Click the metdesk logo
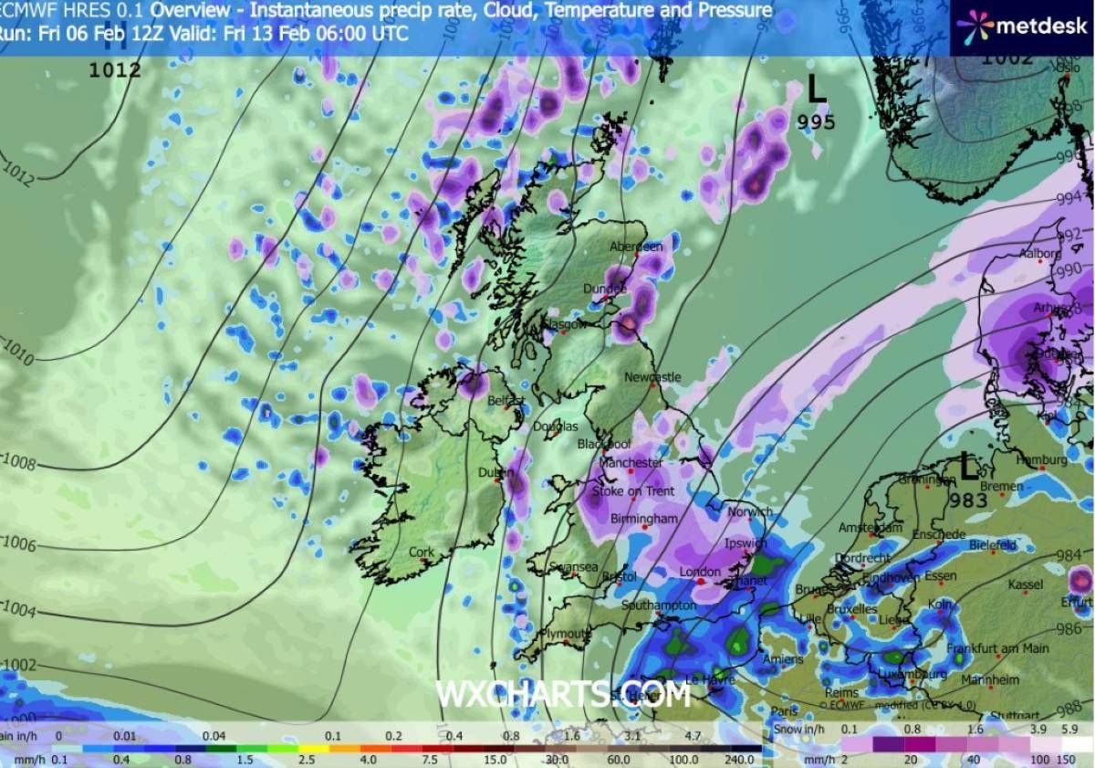tap(1021, 26)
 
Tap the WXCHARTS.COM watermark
tap(563, 695)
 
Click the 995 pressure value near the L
tap(816, 122)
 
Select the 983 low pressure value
tap(968, 500)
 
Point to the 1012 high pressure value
tap(115, 69)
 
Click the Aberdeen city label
tap(637, 247)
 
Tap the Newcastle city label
tap(652, 377)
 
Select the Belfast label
tap(505, 401)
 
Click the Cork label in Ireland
tap(422, 552)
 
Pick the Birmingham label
tap(644, 519)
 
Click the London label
tap(700, 573)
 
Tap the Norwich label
tap(749, 512)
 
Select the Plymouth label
tap(565, 633)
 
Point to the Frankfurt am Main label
tap(997, 648)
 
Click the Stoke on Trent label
tap(633, 492)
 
